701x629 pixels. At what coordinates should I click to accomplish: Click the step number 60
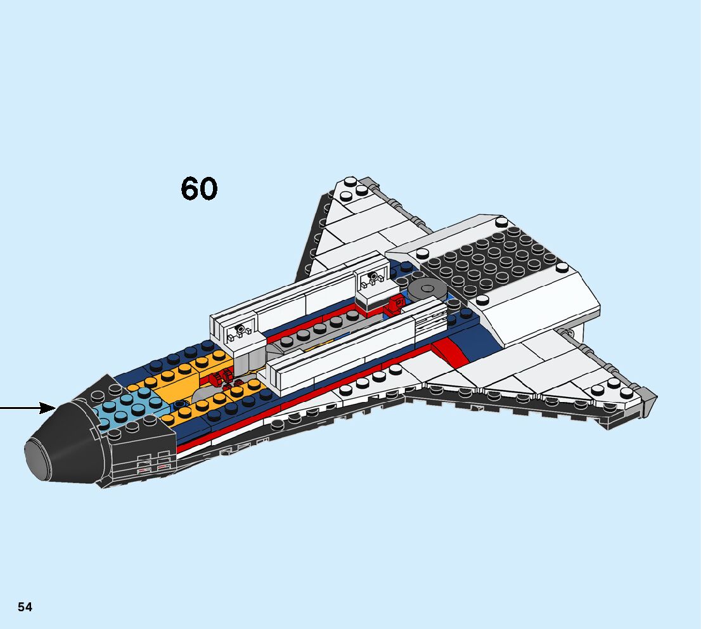pyautogui.click(x=199, y=189)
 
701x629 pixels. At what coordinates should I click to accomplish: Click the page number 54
pyautogui.click(x=25, y=607)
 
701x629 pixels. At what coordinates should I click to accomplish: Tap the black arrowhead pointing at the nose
pyautogui.click(x=48, y=407)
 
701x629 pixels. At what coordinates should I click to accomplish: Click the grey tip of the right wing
pyautogui.click(x=648, y=399)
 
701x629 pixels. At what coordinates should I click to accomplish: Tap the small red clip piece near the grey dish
pyautogui.click(x=396, y=304)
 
